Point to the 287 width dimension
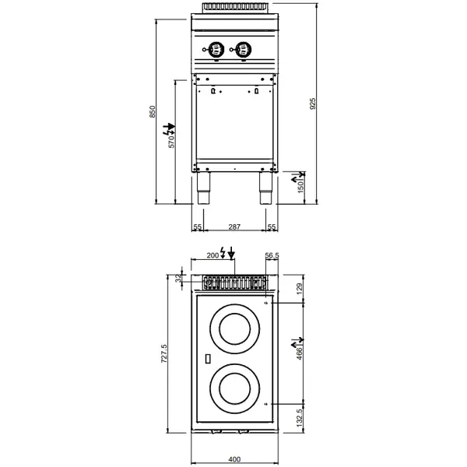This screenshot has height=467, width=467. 233,226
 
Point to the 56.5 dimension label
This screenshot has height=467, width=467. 271,255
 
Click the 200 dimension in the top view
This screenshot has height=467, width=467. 212,255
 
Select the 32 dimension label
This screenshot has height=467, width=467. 178,277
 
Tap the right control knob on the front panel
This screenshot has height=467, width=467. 243,50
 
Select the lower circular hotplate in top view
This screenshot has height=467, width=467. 234,386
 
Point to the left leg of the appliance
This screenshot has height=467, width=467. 204,189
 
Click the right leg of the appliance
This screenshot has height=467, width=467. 265,189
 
